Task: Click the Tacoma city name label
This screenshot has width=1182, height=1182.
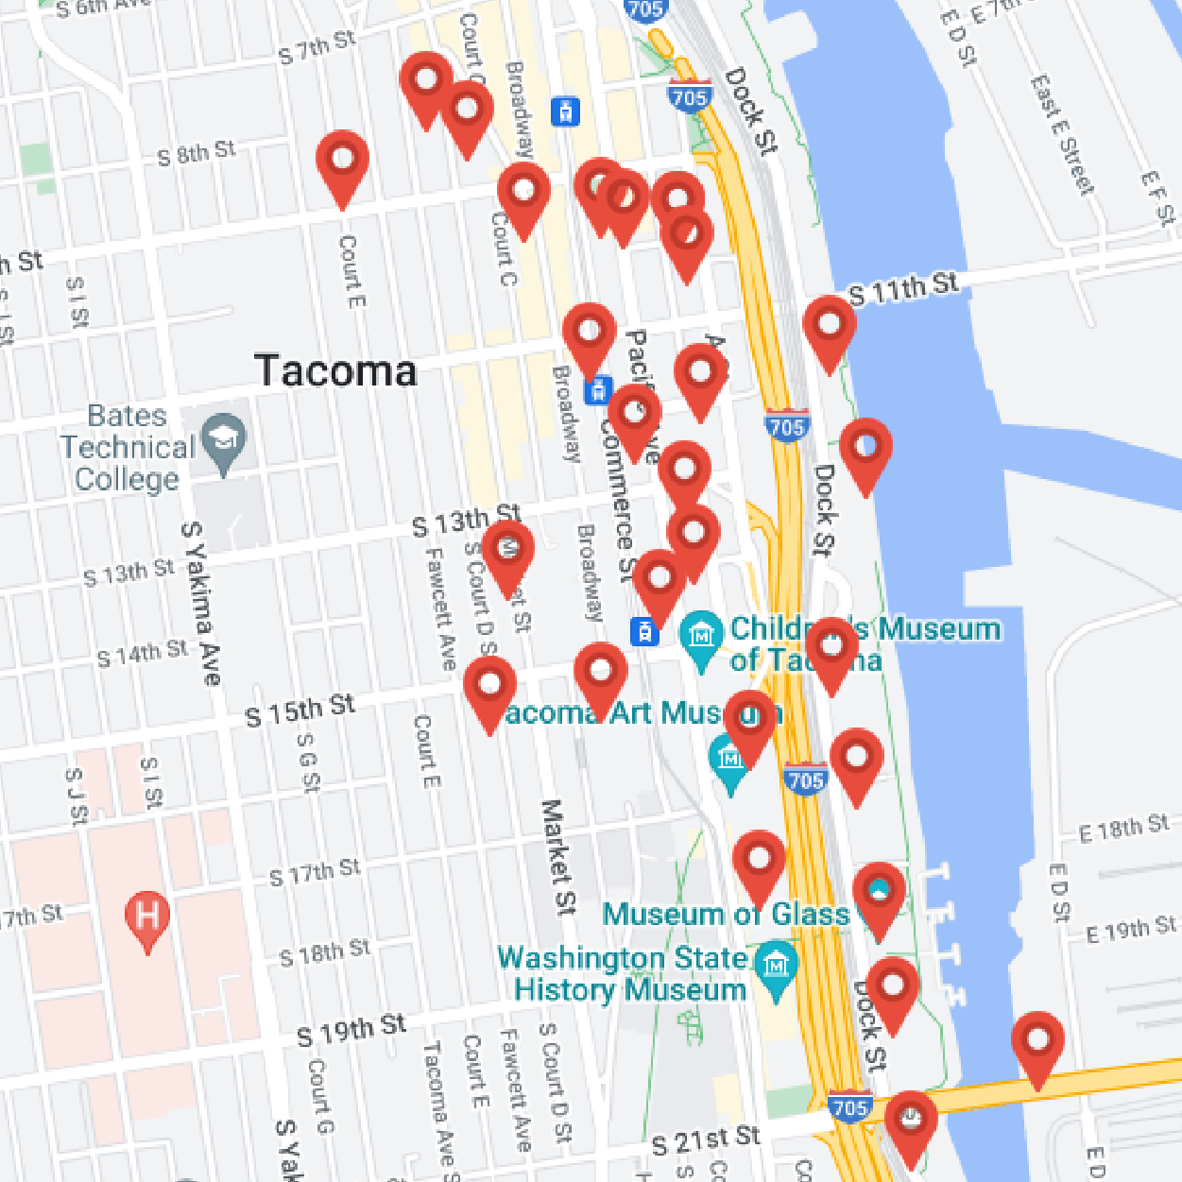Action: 335,370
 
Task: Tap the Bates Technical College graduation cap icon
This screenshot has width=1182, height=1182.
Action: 224,440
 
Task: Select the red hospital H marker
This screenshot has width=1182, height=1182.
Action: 147,917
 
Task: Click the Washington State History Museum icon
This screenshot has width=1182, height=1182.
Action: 777,967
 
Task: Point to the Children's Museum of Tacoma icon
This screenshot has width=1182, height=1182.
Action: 701,634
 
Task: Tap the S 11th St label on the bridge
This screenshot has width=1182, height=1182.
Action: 903,287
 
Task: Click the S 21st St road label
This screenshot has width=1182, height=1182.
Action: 706,1140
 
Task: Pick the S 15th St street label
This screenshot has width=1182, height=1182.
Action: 300,710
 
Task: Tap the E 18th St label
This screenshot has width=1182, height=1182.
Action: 1123,828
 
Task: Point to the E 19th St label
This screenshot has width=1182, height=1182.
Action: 1131,928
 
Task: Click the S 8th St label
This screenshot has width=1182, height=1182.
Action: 197,152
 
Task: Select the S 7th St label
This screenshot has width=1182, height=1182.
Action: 317,46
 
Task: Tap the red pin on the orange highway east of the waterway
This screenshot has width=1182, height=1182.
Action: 1037,1043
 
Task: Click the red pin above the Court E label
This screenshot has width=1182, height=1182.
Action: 342,163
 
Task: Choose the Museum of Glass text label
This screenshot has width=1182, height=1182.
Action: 726,914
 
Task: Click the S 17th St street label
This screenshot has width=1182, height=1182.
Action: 315,871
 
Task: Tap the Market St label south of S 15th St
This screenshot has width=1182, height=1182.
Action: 557,856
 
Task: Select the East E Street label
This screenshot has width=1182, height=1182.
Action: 1061,134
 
